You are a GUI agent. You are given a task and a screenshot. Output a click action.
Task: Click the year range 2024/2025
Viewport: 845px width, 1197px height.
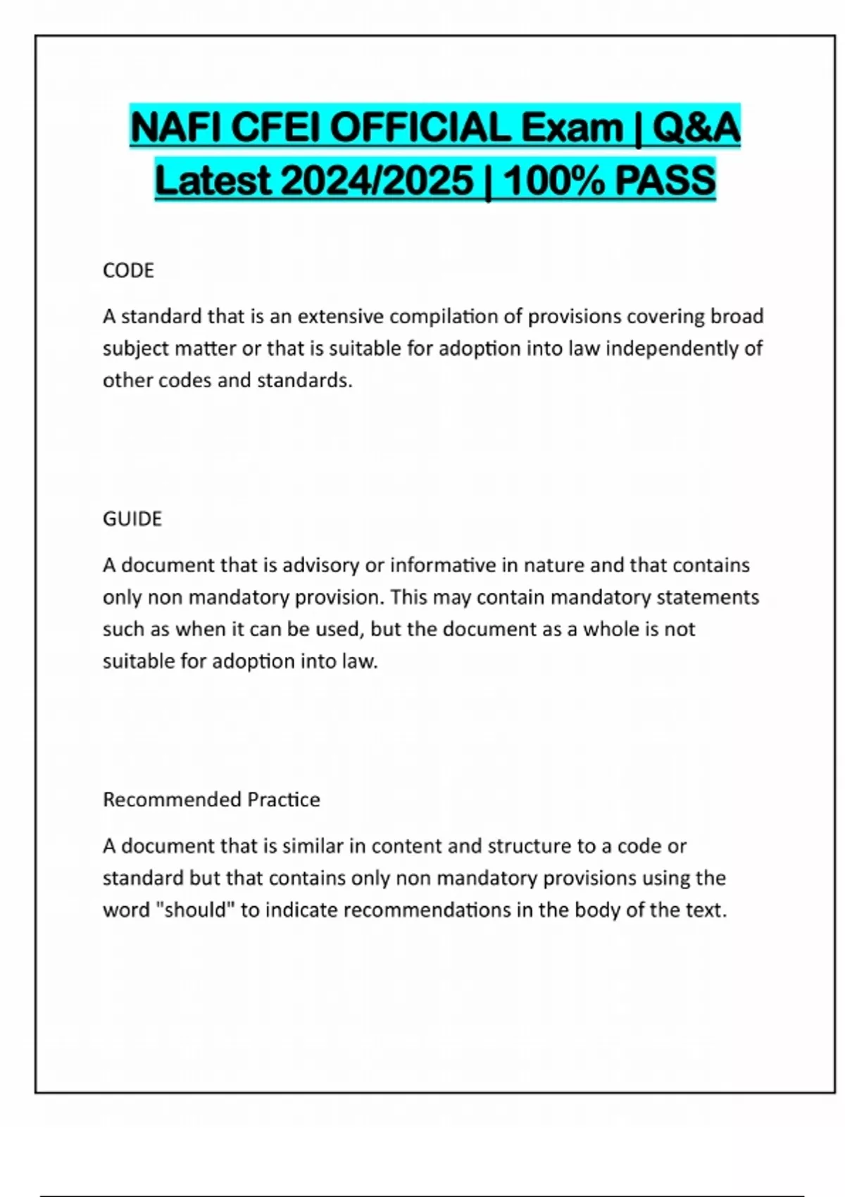tap(377, 180)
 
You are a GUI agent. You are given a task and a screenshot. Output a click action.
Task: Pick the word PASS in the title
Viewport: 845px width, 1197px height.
tap(665, 180)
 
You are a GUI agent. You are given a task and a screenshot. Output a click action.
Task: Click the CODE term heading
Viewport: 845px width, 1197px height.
tap(128, 270)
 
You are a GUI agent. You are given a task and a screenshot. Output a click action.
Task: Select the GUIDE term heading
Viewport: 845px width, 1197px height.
tap(132, 519)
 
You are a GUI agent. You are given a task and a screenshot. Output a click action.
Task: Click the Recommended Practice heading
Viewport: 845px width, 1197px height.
tap(211, 800)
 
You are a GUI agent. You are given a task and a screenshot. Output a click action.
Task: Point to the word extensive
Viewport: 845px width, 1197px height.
tap(341, 317)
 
